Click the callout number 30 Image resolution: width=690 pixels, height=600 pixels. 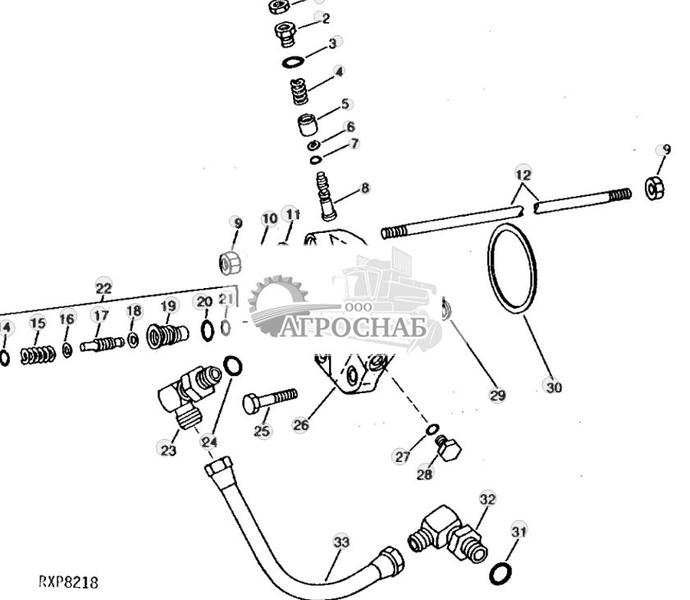pyautogui.click(x=554, y=386)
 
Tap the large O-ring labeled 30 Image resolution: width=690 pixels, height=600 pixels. pyautogui.click(x=514, y=272)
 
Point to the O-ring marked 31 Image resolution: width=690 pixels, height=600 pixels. pyautogui.click(x=500, y=572)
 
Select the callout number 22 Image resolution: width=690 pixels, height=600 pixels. pyautogui.click(x=103, y=288)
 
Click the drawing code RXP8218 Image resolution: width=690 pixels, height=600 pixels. pyautogui.click(x=68, y=582)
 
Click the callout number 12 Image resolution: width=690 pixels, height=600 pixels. pyautogui.click(x=523, y=175)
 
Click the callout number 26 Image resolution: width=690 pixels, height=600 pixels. pyautogui.click(x=301, y=425)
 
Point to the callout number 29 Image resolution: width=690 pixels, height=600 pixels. pyautogui.click(x=497, y=396)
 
